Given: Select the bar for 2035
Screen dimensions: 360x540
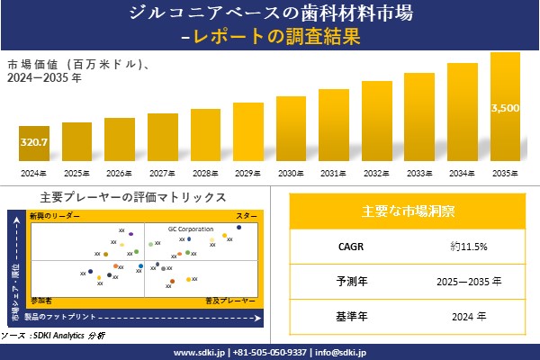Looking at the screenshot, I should tap(505, 108).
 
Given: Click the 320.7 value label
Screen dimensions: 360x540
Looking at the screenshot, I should tap(33, 143).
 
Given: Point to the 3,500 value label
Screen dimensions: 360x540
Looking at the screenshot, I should tap(505, 108).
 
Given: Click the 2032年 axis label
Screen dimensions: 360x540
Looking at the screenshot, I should tap(376, 173).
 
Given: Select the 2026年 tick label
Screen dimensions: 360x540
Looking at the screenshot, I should tap(120, 173).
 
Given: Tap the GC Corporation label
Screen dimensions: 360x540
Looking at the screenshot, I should tap(191, 229).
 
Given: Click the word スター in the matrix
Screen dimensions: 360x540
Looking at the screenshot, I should tap(246, 217).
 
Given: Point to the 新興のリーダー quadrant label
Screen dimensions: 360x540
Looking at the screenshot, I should tap(55, 217).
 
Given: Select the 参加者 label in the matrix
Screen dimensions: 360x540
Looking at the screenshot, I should tap(41, 298).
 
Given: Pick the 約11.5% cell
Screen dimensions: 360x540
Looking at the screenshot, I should tap(473, 246).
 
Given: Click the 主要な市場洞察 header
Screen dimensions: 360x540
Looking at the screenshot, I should tap(408, 211).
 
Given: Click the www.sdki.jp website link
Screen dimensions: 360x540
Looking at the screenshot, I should tap(199, 352).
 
